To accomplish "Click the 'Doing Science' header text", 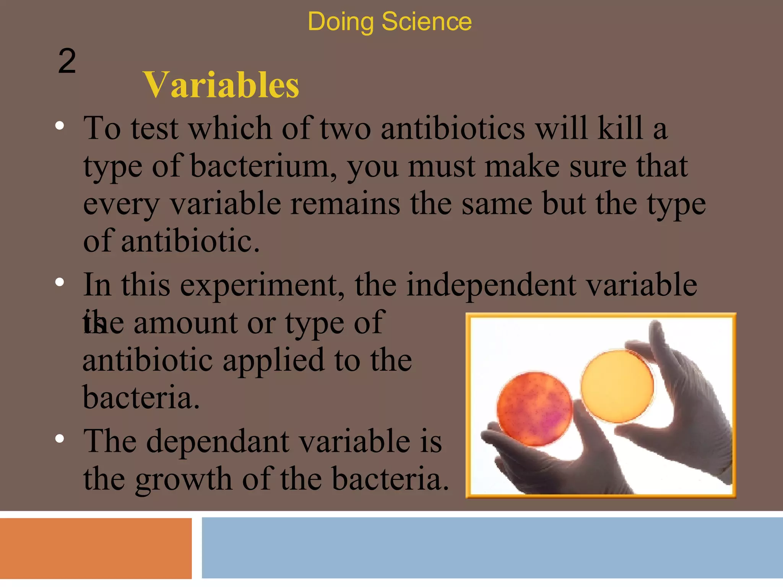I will click(x=389, y=21).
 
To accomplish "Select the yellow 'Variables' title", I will click(x=221, y=85).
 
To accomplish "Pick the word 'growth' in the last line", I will click(x=184, y=479).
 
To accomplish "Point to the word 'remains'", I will click(x=345, y=204).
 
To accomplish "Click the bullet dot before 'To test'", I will click(x=59, y=126).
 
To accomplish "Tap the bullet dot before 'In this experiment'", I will click(x=59, y=282).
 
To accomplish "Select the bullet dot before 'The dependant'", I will click(x=59, y=439).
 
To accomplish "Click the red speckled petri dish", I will click(x=534, y=409).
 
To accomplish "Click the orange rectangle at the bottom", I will click(x=96, y=548).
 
